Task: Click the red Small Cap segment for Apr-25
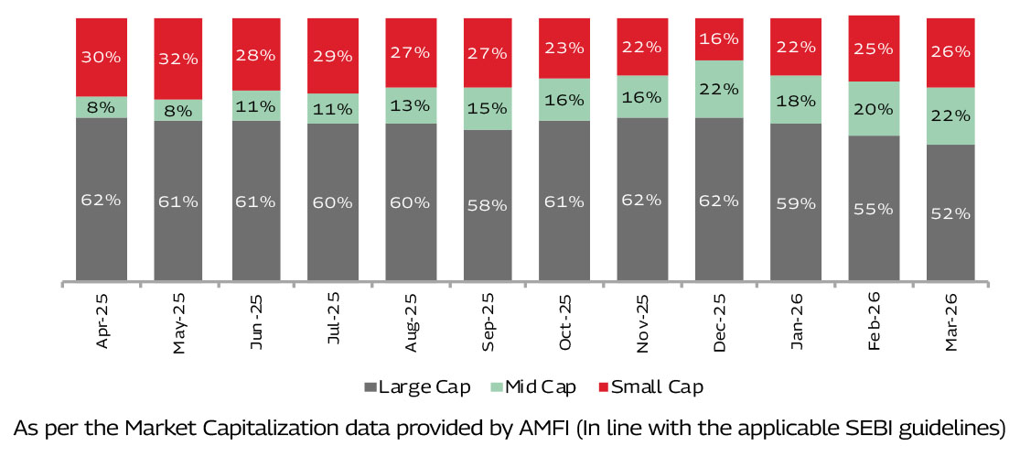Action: click(102, 57)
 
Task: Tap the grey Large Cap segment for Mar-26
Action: click(951, 212)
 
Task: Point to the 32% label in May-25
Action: click(178, 60)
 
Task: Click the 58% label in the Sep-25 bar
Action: click(488, 205)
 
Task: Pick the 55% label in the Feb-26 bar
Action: click(874, 209)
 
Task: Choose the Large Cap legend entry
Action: click(416, 387)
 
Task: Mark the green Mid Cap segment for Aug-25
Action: click(411, 105)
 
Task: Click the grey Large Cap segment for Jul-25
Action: click(333, 201)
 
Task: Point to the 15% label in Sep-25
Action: click(488, 108)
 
